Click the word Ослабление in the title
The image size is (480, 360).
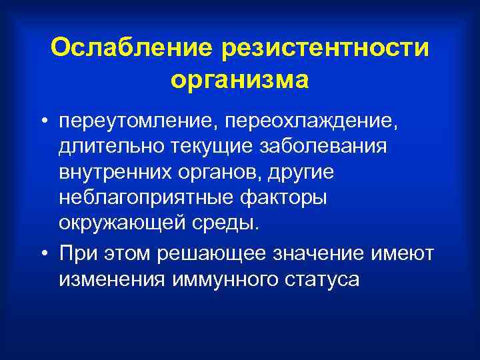(131, 47)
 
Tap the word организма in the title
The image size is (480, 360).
(240, 79)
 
